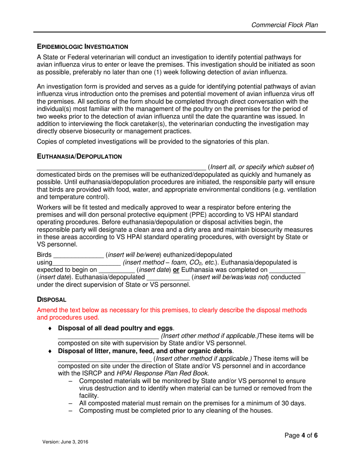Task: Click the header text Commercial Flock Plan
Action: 285,25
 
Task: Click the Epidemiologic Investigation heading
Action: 82,47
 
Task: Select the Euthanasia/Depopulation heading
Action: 79,156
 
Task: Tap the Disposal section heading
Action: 52,299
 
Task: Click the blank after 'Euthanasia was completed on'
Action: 287,271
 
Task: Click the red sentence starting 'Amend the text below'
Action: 171,310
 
